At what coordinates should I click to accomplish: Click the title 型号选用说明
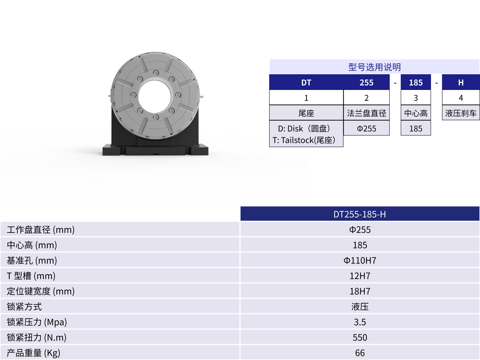click(374, 67)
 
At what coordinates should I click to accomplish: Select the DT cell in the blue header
click(306, 83)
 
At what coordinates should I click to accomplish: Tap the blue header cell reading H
click(461, 83)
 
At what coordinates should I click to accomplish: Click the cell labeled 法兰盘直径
click(366, 113)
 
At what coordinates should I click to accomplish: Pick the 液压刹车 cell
click(461, 113)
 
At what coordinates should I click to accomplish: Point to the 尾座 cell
click(306, 113)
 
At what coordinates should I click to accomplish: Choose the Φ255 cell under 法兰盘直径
click(366, 128)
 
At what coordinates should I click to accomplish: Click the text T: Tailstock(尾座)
click(304, 140)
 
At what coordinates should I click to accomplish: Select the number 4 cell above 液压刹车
click(461, 98)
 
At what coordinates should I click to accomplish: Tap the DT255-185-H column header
click(360, 214)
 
